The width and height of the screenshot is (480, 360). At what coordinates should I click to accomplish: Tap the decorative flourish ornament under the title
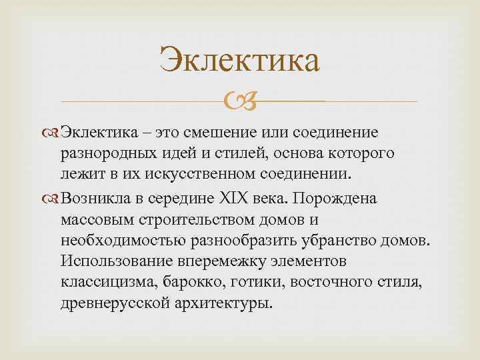[x=240, y=102]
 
